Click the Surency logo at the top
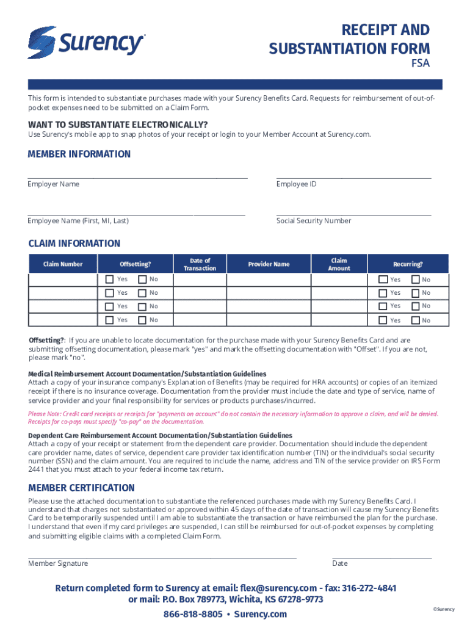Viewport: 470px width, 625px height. [86, 42]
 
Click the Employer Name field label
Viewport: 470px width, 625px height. [53, 184]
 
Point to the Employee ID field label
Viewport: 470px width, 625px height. [296, 184]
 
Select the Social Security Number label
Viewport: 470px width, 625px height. [313, 220]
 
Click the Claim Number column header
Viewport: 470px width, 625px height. [62, 264]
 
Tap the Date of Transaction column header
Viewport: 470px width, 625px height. [200, 264]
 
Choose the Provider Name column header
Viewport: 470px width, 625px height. [269, 264]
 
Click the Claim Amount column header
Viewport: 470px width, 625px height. [339, 264]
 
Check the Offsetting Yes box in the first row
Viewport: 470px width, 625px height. [109, 280]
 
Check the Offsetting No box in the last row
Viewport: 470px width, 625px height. [142, 320]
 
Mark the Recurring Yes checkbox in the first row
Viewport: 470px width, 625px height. [383, 280]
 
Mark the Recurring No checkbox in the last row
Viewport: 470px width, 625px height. [416, 320]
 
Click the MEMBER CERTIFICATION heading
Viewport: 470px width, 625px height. [81, 488]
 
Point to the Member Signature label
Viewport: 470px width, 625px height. [58, 563]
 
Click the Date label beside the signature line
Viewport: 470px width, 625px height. [340, 563]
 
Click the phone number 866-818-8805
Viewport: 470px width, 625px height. [193, 614]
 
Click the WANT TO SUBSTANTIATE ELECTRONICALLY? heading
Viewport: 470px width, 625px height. [118, 125]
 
